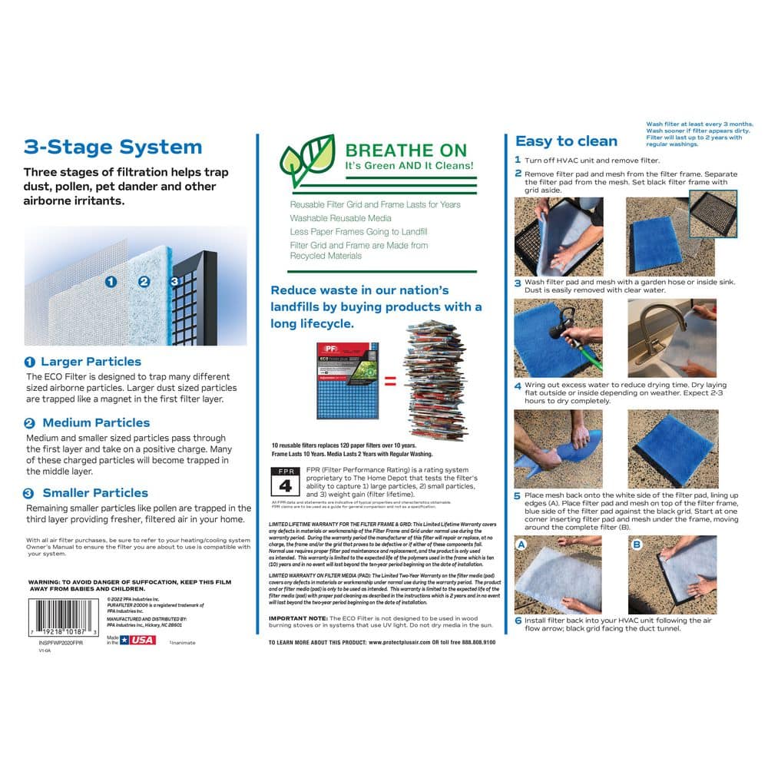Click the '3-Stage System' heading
tap(113, 147)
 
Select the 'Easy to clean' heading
tap(566, 141)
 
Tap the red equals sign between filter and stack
tap(391, 379)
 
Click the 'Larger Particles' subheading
tap(91, 361)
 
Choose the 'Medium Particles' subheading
tap(95, 422)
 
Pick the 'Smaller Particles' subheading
tap(94, 492)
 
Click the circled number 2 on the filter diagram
tap(144, 281)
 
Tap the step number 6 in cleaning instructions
tap(518, 620)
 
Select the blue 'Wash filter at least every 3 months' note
tap(699, 134)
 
